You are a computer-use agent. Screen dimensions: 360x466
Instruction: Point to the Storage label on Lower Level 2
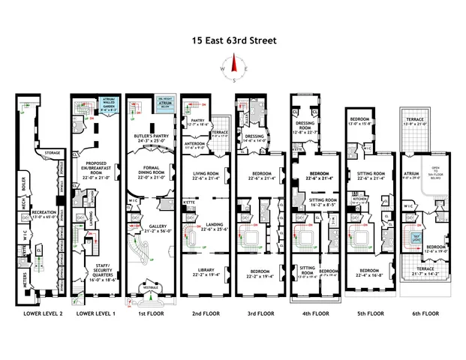point(52,153)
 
